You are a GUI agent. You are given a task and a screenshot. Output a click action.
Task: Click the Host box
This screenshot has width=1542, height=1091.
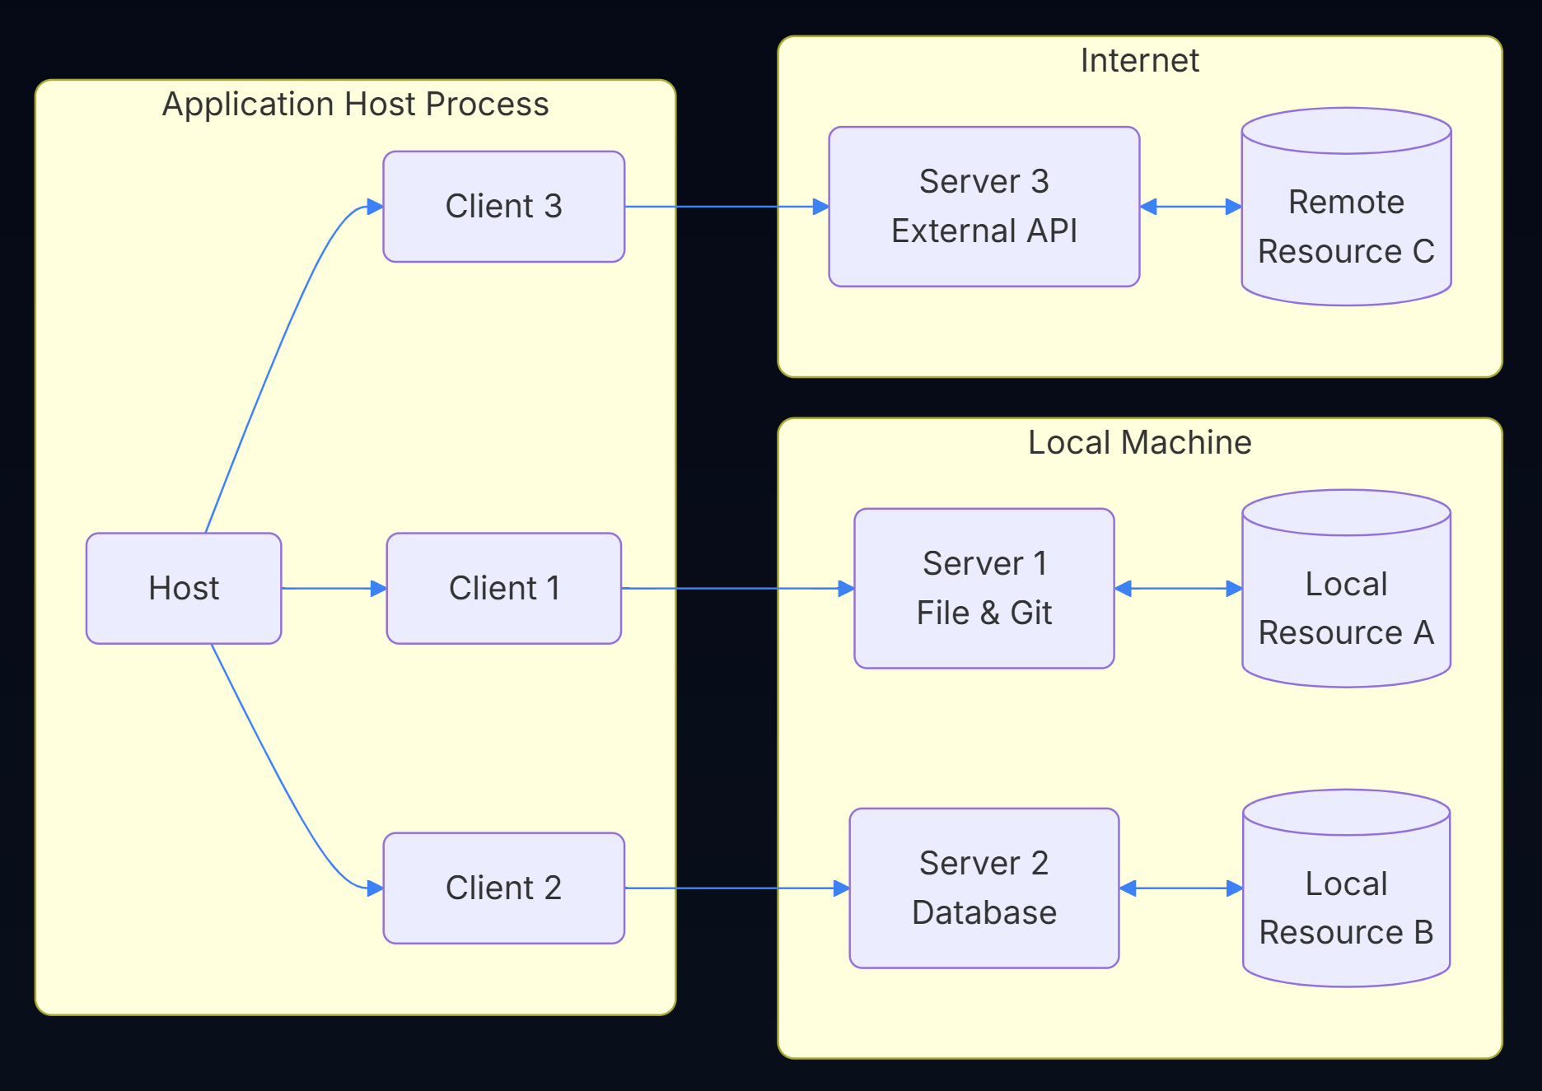click(184, 588)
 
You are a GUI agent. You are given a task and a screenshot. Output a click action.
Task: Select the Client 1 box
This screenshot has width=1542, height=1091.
click(503, 588)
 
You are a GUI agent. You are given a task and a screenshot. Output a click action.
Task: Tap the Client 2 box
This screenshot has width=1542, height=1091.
click(503, 888)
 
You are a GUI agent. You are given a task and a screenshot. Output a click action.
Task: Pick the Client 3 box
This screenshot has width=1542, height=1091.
click(503, 206)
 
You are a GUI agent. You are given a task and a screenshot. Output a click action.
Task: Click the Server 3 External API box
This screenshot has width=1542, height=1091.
click(984, 206)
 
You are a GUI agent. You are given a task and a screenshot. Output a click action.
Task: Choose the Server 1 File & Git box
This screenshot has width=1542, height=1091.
click(984, 588)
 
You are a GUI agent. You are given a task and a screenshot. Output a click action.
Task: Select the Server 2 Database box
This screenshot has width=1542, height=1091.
click(984, 888)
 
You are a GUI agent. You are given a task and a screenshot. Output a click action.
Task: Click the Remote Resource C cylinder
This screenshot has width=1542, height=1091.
click(1346, 222)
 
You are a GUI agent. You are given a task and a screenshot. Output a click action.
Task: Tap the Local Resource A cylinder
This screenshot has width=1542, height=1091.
click(1346, 605)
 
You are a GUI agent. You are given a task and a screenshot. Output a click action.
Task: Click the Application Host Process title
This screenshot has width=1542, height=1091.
click(355, 105)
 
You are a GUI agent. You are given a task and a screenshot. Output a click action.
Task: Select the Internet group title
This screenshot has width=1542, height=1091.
click(1139, 60)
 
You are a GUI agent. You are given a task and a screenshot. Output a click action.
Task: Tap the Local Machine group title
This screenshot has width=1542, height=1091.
click(1139, 442)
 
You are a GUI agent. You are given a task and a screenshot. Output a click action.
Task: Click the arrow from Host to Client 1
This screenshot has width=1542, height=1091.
click(333, 588)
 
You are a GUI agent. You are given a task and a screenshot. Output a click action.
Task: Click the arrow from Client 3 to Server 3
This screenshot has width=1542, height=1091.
click(725, 206)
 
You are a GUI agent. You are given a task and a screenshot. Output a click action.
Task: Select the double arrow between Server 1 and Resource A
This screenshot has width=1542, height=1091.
click(1178, 588)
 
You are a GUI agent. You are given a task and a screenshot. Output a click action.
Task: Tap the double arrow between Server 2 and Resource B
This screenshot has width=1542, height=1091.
click(1180, 888)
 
